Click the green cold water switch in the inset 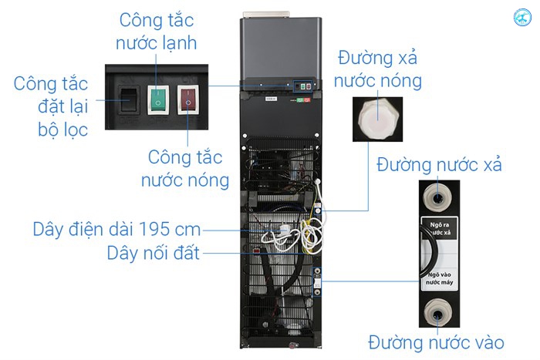(x=158, y=99)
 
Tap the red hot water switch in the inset (x=188, y=99)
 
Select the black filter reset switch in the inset (x=129, y=99)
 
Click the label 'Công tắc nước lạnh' (x=157, y=32)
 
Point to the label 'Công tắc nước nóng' (x=185, y=169)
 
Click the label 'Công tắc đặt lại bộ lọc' (x=51, y=106)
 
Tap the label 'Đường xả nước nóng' (x=378, y=69)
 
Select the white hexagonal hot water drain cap (x=378, y=118)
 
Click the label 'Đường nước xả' (x=439, y=164)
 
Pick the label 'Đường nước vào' (x=436, y=342)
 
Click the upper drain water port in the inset (x=437, y=199)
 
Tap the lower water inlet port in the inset (x=437, y=314)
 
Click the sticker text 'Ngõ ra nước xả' (x=440, y=228)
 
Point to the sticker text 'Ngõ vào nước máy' (x=440, y=278)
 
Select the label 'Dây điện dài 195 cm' (x=116, y=230)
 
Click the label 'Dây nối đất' (x=154, y=253)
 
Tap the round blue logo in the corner (x=522, y=17)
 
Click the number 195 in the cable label (x=154, y=230)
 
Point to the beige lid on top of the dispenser (x=267, y=15)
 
